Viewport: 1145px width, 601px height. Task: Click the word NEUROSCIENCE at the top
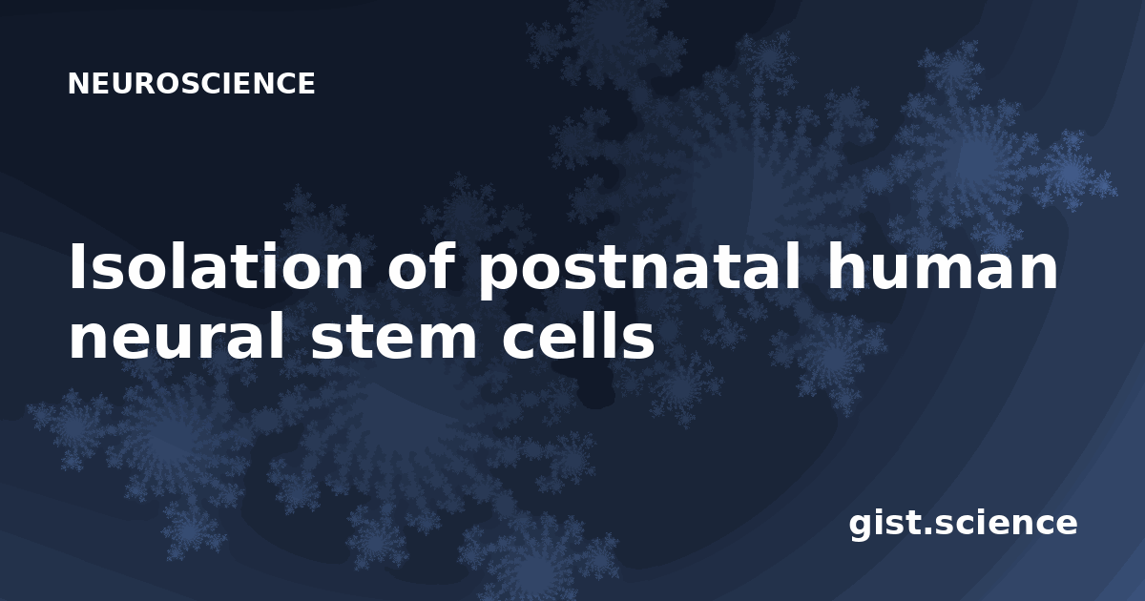tap(191, 83)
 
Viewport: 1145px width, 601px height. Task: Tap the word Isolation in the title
tap(217, 266)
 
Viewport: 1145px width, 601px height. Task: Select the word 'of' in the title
tap(421, 266)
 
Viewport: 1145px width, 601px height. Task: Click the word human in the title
tap(942, 266)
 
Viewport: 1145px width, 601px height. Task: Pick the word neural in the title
tap(177, 336)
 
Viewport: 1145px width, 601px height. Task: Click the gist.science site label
tap(963, 525)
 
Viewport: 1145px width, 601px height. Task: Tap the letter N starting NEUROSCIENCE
tap(77, 83)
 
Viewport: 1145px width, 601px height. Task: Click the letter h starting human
tap(845, 266)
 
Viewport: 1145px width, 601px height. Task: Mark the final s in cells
tap(639, 342)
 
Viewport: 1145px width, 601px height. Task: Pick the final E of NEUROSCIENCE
tap(306, 83)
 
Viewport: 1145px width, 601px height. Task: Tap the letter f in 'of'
tap(444, 266)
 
